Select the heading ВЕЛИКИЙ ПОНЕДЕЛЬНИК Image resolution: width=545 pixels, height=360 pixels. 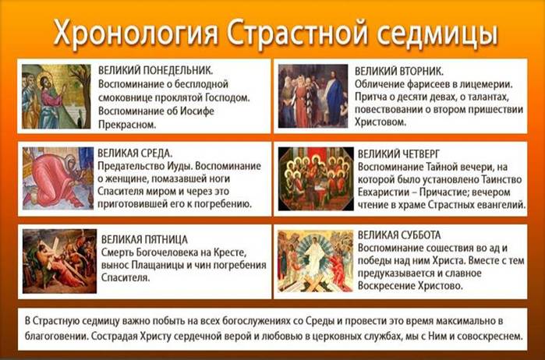tap(155, 70)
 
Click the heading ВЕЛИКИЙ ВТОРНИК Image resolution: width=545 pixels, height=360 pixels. tap(399, 71)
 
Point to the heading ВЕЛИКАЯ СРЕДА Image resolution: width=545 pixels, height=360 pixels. tap(135, 154)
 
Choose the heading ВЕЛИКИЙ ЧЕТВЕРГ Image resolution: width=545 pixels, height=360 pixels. tap(398, 154)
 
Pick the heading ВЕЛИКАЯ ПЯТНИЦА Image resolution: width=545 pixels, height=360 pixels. tap(144, 239)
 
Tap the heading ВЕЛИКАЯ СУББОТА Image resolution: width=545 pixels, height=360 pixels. tap(399, 235)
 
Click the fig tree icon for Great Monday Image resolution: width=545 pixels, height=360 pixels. tap(56, 97)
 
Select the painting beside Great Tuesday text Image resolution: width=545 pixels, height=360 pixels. tap(313, 96)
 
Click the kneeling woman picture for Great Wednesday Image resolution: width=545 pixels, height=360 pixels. tap(58, 178)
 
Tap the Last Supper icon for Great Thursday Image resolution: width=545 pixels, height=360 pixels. tap(316, 178)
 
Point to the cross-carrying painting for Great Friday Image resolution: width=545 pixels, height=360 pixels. tap(60, 261)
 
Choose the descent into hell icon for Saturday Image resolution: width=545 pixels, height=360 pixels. tap(316, 261)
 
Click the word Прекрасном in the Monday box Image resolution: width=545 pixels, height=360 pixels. tap(127, 125)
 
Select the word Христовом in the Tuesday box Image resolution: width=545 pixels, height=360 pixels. tap(380, 122)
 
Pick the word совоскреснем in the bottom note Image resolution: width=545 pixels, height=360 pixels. tap(490, 337)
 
